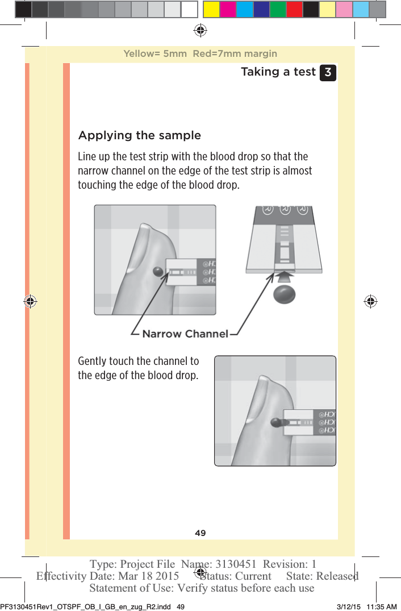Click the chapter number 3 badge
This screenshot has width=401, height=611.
click(x=328, y=73)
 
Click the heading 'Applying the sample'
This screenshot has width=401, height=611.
click(x=139, y=135)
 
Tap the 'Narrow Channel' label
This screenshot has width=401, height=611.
click(x=185, y=334)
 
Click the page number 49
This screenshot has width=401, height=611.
click(x=200, y=533)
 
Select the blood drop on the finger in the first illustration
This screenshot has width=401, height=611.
click(x=158, y=272)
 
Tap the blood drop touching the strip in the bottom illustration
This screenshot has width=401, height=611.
click(x=277, y=423)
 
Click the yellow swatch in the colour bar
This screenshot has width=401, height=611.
click(x=212, y=9)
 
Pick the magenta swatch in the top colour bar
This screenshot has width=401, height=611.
click(x=228, y=9)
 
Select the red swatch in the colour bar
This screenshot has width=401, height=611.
click(x=294, y=9)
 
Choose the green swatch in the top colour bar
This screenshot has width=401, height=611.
click(x=278, y=9)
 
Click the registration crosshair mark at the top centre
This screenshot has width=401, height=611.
click(x=200, y=30)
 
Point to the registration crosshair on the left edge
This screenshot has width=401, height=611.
click(x=30, y=302)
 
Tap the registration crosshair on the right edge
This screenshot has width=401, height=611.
click(x=370, y=302)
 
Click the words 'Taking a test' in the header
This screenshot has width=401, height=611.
click(x=278, y=72)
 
